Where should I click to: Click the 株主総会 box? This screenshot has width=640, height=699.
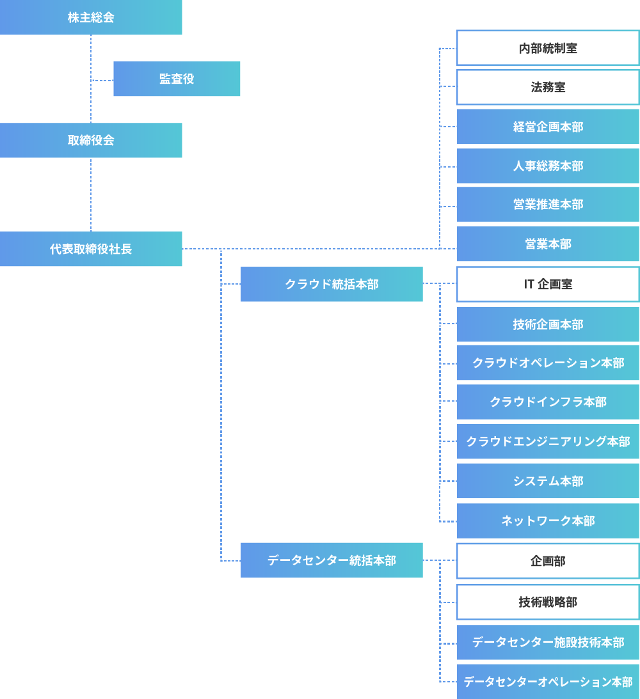(91, 18)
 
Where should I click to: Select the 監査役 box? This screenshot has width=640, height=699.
(177, 79)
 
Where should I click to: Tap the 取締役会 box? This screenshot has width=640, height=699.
(91, 141)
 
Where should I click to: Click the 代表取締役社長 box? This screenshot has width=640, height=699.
(91, 249)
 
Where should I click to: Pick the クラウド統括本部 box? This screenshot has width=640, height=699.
(332, 285)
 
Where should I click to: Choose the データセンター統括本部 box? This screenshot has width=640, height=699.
(332, 560)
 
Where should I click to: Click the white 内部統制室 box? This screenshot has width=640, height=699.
(548, 48)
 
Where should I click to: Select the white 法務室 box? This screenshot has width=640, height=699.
(548, 88)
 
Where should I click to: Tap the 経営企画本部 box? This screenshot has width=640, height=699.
(548, 127)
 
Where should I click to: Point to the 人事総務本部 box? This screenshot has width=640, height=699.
(548, 166)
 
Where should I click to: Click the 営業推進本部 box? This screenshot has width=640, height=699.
(548, 205)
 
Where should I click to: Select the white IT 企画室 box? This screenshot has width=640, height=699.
(548, 285)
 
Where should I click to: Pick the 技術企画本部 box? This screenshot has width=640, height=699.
(548, 324)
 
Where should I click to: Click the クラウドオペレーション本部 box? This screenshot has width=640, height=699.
(548, 363)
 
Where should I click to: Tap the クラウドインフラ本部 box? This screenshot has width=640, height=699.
(548, 402)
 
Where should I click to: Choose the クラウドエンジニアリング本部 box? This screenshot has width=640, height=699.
(548, 441)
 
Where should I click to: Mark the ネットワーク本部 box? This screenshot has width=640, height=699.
(548, 521)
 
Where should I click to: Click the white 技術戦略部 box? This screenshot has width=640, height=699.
(548, 602)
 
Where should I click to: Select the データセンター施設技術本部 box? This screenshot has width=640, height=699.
(548, 642)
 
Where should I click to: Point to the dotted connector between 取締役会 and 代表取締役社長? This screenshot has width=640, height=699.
(91, 194)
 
